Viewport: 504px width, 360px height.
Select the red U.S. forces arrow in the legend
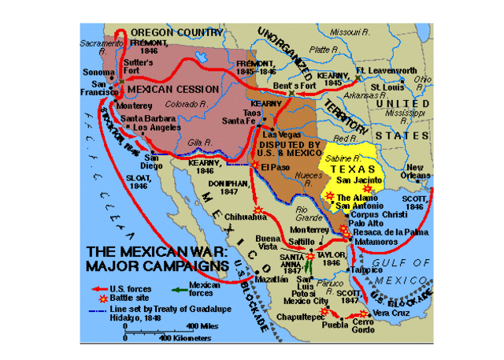pyautogui.click(x=98, y=288)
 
